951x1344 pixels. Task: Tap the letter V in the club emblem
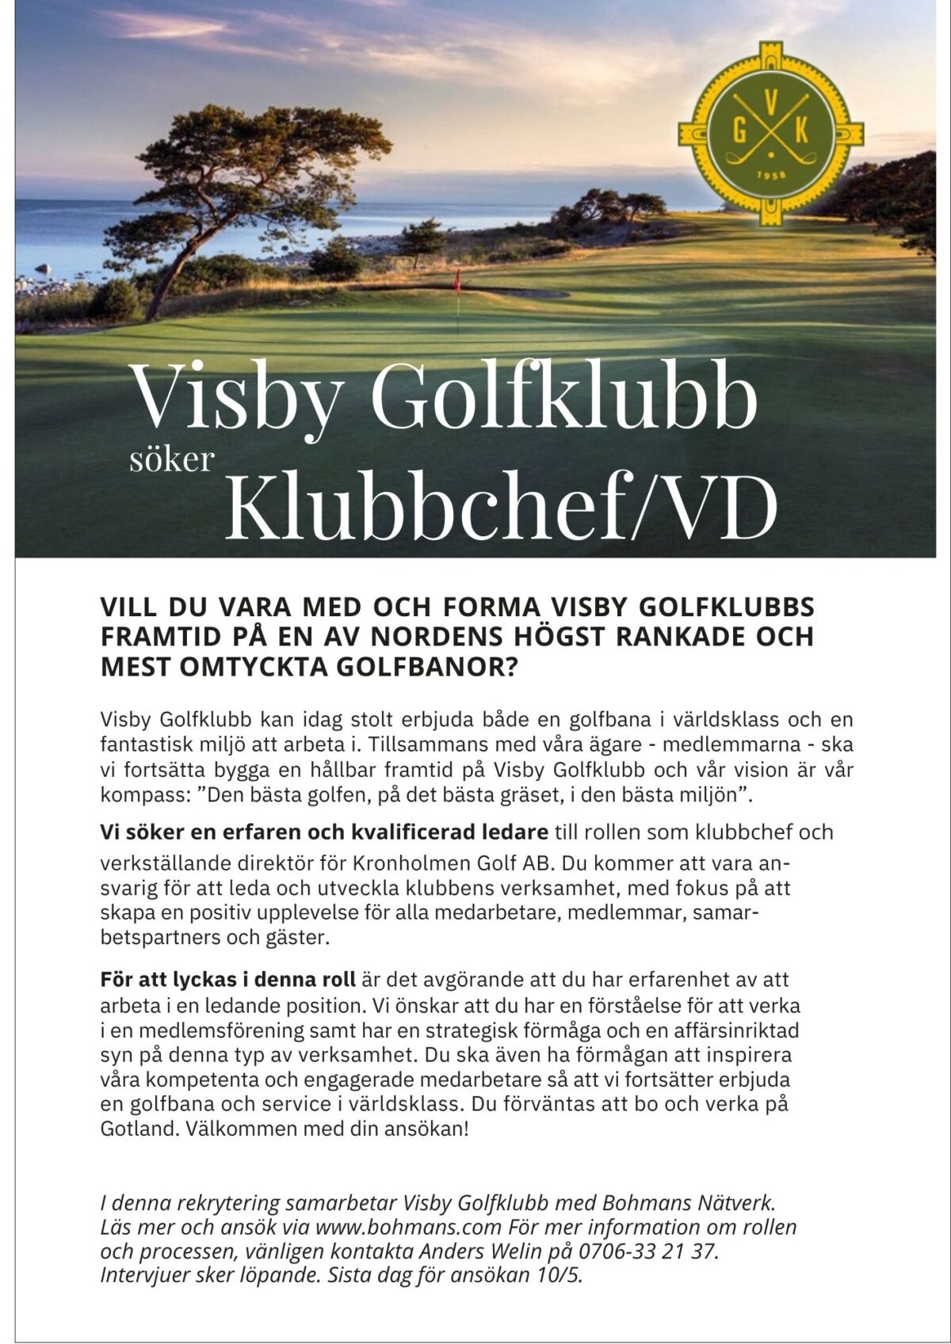[x=770, y=101]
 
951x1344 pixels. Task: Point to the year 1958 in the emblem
[x=770, y=175]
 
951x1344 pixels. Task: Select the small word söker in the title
[x=172, y=459]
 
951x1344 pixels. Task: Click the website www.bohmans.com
[x=408, y=1228]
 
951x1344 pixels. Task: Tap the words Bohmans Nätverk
[x=688, y=1203]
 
